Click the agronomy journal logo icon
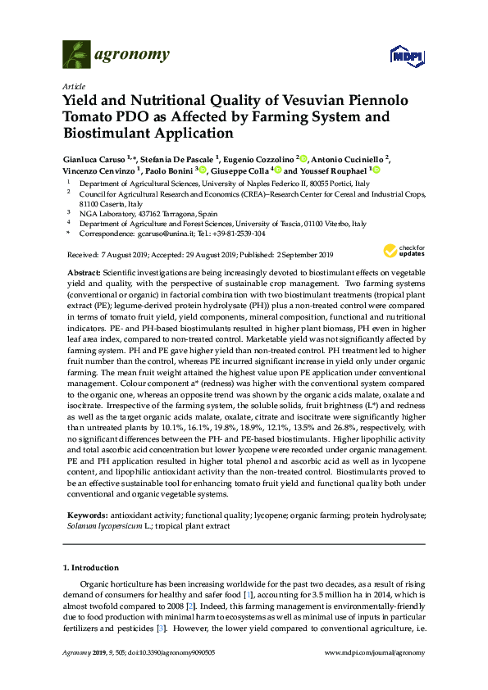76,55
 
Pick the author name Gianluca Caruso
100,157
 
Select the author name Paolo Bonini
169,170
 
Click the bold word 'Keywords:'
88,516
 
